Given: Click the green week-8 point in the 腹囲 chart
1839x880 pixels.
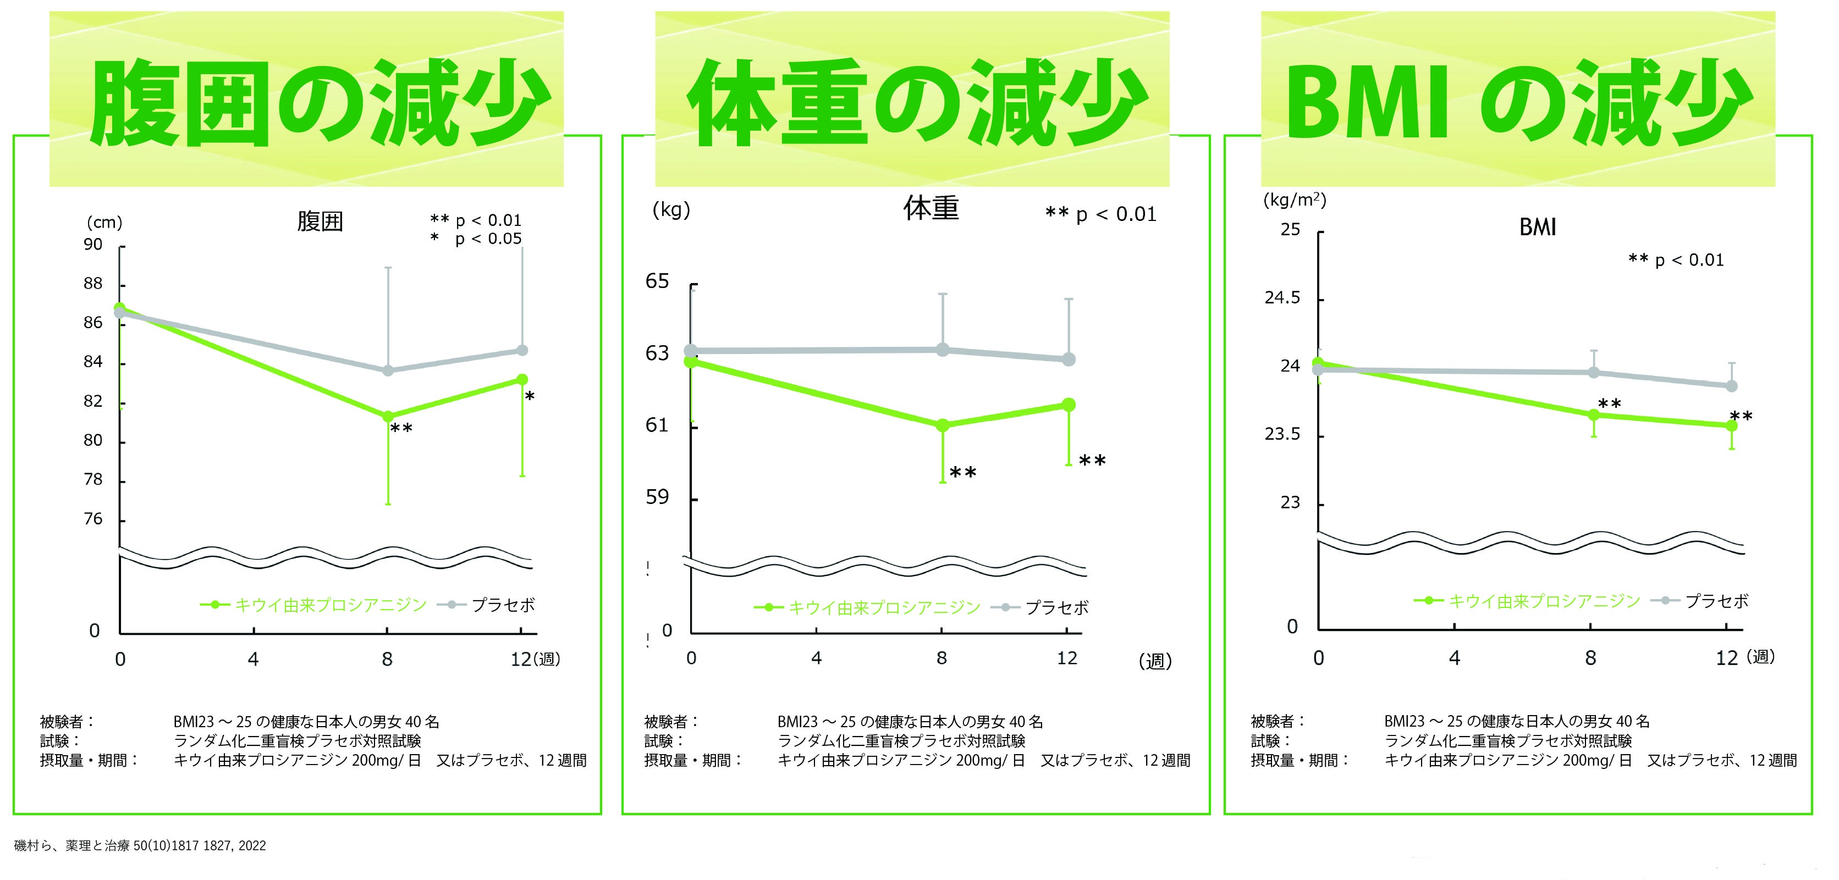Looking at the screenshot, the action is [x=388, y=417].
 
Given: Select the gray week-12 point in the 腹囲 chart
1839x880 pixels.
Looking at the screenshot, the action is [x=522, y=351].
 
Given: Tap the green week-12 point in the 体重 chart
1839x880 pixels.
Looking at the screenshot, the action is [x=1069, y=405].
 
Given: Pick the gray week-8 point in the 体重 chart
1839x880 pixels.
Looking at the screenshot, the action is [x=943, y=350].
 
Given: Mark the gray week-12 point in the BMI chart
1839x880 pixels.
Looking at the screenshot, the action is [x=1731, y=386].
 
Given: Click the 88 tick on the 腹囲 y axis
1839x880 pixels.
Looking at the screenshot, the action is [x=93, y=284].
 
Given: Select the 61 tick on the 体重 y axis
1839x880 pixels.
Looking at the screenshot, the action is [x=657, y=425].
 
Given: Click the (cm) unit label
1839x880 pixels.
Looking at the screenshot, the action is [x=104, y=223].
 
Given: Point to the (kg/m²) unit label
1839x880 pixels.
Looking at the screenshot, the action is [x=1295, y=200].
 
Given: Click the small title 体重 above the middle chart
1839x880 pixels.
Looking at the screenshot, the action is [x=931, y=208].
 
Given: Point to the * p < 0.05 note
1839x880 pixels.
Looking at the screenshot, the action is [x=476, y=239].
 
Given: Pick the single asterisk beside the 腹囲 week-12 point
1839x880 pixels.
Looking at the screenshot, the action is [x=530, y=397].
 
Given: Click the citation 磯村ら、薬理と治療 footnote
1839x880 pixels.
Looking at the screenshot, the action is [x=140, y=846].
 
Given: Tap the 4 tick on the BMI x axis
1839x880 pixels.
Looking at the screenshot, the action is [x=1454, y=658].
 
